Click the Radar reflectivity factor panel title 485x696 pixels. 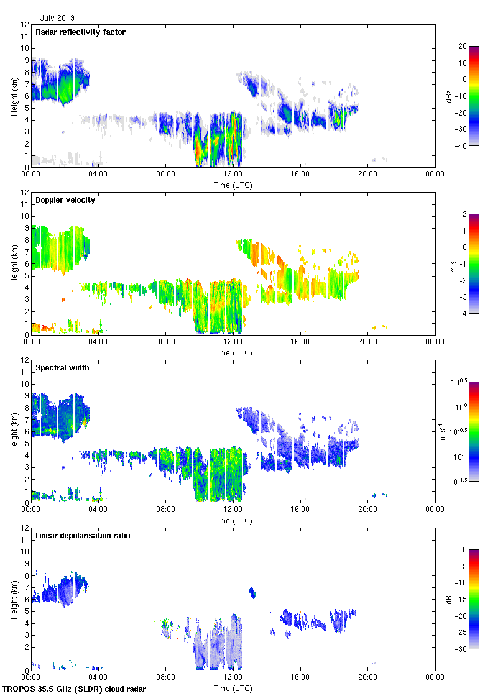(81, 32)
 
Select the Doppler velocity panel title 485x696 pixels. (65, 199)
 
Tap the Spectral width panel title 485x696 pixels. (62, 367)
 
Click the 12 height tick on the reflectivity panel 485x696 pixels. (24, 25)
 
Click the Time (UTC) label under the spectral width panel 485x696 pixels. (233, 520)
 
